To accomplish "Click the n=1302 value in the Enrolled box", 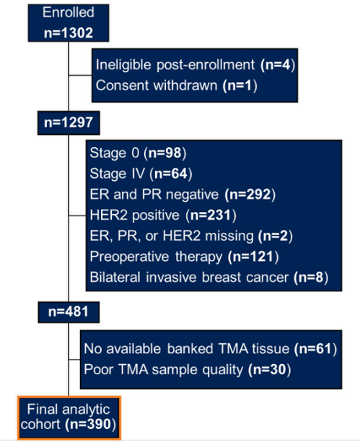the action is click(x=69, y=32).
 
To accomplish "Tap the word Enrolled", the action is click(x=69, y=13).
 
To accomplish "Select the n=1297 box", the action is click(x=69, y=123).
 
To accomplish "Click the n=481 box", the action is click(x=69, y=312).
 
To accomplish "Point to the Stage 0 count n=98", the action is click(x=164, y=153).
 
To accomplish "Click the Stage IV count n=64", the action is click(x=171, y=173).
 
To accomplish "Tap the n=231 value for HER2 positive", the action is click(x=211, y=215).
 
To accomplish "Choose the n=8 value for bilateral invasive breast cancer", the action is click(x=311, y=278).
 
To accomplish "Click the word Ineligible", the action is click(x=124, y=65).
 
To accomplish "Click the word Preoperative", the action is click(x=129, y=257).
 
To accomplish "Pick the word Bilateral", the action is click(x=115, y=278).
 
